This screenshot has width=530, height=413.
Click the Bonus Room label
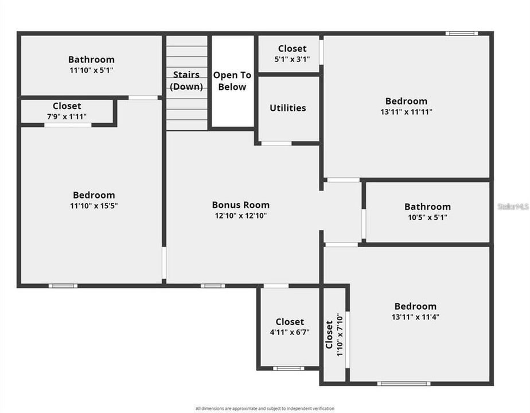pos(240,205)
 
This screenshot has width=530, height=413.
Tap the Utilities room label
pos(288,108)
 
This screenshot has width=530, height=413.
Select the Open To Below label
pos(232,81)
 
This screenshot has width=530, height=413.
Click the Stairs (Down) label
pos(186,81)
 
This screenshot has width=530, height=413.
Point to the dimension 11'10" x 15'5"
pos(93,205)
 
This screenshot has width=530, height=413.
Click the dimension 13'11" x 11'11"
pos(406,112)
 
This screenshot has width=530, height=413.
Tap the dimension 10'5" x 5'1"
pos(427,217)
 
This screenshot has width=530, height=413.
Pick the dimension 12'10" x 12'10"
pos(240,216)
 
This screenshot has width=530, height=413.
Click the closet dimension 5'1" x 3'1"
pos(293,59)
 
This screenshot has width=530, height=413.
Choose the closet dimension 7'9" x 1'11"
pos(67,116)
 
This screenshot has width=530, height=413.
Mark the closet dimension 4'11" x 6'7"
pos(290,332)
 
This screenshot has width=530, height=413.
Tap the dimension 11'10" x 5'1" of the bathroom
pos(91,70)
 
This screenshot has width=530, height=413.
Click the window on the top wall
pos(462,33)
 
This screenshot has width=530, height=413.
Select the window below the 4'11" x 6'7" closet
pos(288,368)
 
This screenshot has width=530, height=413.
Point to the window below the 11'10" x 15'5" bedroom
pos(63,286)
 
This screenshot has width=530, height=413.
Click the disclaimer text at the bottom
pos(264,408)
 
